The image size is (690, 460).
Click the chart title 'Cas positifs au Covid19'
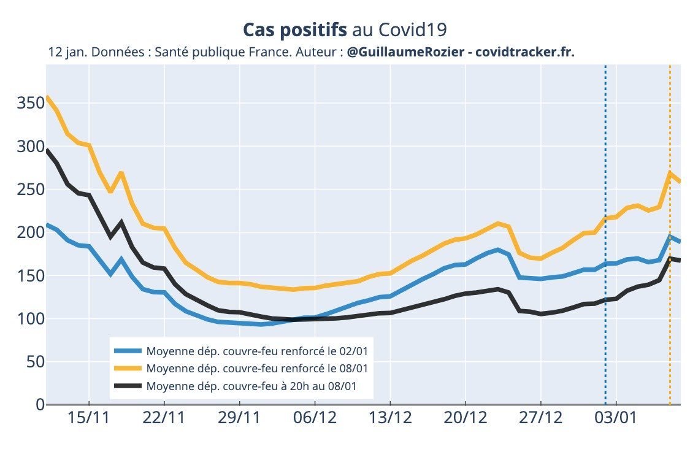coord(345,30)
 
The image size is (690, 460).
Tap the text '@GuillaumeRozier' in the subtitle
coord(405,53)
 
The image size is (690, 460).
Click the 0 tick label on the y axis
coord(39,405)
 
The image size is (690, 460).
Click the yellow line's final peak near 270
coord(670,173)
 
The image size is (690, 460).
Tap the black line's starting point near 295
coord(47,150)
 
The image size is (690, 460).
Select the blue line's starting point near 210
coord(47,224)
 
